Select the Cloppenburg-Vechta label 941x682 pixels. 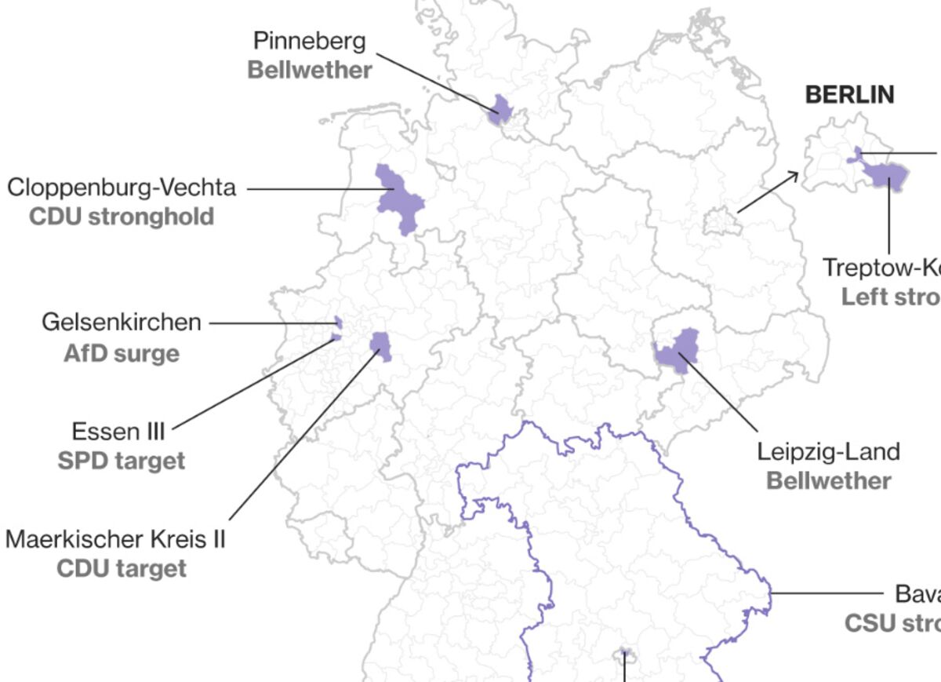(x=122, y=188)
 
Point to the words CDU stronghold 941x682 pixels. (x=122, y=217)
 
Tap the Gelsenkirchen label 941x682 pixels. (x=122, y=323)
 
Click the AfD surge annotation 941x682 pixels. (x=122, y=353)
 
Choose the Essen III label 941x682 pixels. (x=118, y=431)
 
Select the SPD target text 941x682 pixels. (x=122, y=460)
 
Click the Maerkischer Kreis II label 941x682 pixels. (x=115, y=539)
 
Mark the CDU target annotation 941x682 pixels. (x=122, y=568)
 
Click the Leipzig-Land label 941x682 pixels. (x=828, y=451)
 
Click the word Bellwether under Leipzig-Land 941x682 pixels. (x=828, y=480)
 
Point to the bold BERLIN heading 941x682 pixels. (x=850, y=95)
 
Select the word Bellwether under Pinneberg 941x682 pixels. (x=310, y=70)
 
